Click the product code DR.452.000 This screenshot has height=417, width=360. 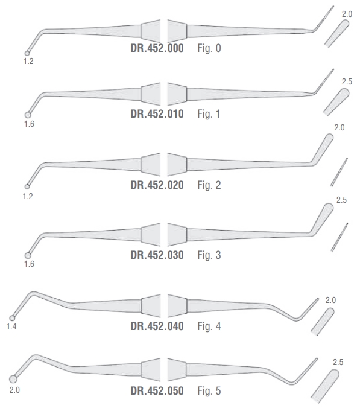157,48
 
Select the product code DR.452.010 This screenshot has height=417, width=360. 157,114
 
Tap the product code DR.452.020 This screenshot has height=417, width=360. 157,185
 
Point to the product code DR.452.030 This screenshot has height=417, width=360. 157,255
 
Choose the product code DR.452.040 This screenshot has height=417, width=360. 157,326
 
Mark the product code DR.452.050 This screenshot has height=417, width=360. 157,390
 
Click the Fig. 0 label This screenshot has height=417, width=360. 209,48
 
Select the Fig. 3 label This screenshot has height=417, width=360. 209,255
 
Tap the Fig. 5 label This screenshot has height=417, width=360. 209,390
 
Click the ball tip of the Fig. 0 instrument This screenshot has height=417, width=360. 27,54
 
